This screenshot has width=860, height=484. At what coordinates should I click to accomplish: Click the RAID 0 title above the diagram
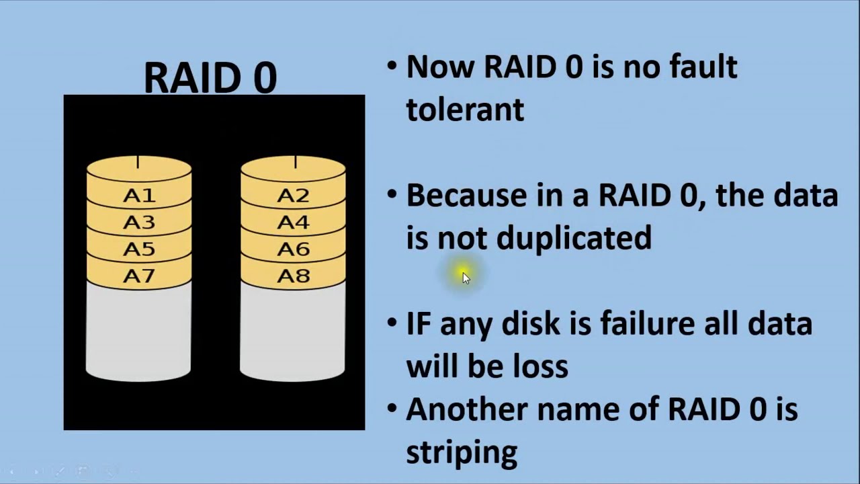tap(210, 77)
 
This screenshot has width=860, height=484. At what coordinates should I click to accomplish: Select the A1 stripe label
tap(139, 196)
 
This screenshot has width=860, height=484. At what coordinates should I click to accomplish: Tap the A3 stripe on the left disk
tap(139, 223)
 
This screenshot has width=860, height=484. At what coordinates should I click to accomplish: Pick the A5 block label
tap(139, 249)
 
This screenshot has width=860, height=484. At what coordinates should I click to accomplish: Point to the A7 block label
tap(139, 276)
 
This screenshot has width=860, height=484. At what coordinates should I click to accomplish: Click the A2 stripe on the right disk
tap(293, 196)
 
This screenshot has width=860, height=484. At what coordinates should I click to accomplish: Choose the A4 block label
tap(293, 223)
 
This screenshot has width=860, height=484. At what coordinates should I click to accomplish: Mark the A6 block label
tap(293, 249)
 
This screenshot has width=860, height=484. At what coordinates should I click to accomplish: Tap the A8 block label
tap(293, 276)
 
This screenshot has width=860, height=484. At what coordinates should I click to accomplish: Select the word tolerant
tap(465, 110)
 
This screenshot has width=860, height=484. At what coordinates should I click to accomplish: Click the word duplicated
tap(574, 239)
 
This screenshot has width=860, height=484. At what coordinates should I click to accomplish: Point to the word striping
tap(462, 452)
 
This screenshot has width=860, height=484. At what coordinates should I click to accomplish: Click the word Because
tap(466, 196)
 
